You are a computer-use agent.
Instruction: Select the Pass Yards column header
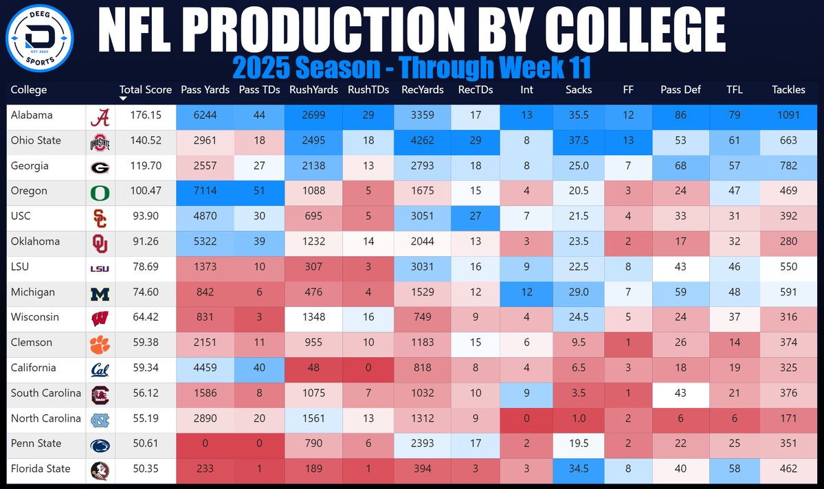click(205, 90)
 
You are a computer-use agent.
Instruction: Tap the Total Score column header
click(145, 90)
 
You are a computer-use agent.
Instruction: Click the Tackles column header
click(788, 90)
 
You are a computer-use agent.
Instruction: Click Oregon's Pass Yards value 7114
click(205, 191)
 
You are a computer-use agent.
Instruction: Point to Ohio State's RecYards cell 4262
click(422, 141)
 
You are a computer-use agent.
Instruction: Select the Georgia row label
click(32, 166)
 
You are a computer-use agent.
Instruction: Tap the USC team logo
click(100, 217)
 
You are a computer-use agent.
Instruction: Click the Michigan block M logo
click(100, 293)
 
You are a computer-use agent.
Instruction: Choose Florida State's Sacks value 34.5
click(578, 469)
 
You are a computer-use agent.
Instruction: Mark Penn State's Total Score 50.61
click(145, 444)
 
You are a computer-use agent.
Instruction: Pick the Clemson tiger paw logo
click(100, 343)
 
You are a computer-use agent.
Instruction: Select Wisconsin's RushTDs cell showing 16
click(368, 317)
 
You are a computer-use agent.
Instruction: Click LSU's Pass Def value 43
click(680, 267)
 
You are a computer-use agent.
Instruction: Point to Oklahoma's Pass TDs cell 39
click(259, 242)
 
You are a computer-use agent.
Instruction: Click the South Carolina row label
click(45, 394)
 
